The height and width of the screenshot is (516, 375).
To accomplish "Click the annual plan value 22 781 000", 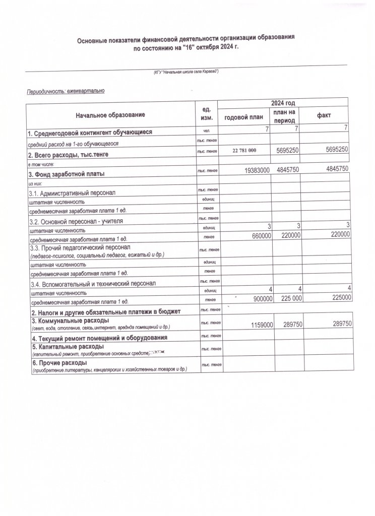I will point(244,151).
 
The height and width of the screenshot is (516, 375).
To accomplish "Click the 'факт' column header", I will point(324,116).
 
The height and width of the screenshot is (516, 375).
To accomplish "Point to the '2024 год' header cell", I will point(284,103).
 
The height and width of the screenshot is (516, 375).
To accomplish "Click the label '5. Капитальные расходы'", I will point(68,347).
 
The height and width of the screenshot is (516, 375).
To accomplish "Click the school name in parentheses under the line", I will point(186,73).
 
